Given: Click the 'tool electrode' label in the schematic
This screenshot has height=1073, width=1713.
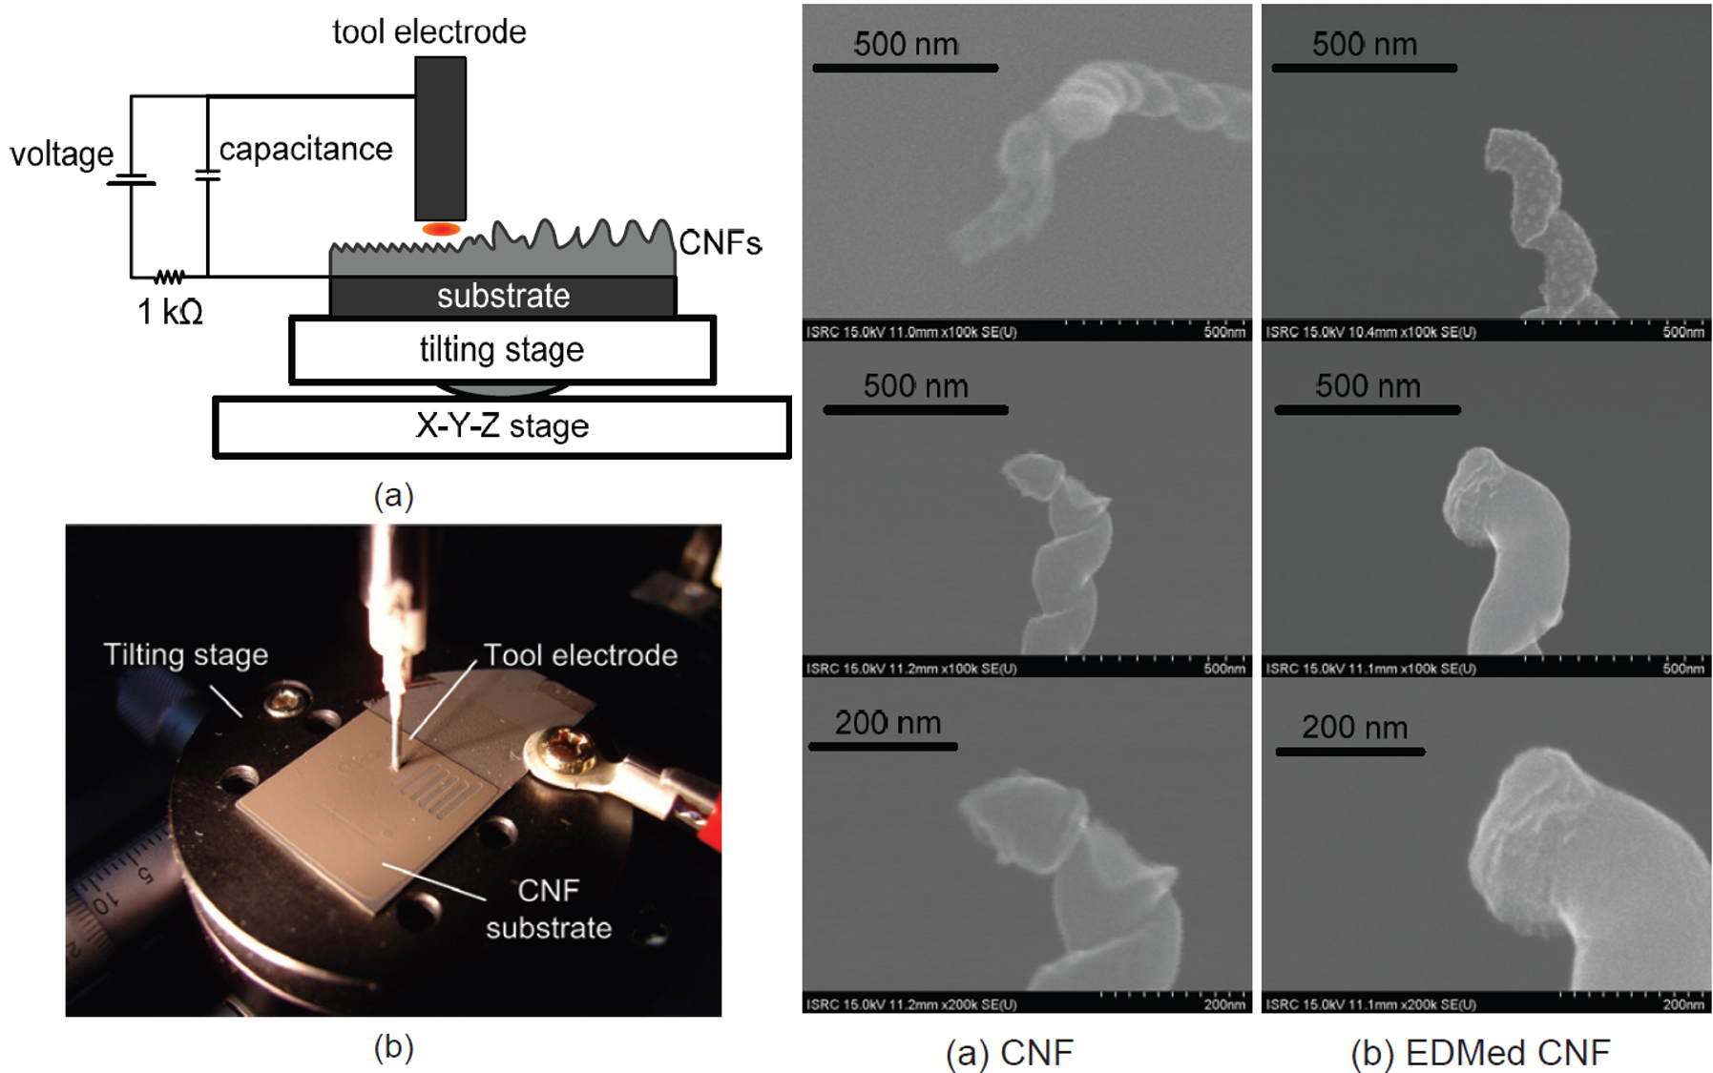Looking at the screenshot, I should click(428, 31).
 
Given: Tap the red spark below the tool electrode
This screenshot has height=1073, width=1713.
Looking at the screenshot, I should click(441, 229).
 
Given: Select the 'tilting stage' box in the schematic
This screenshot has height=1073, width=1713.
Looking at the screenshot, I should click(502, 350).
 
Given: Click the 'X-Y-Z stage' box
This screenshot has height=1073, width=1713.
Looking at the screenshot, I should click(502, 425).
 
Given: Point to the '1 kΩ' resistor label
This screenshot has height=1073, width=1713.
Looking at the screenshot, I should click(170, 312).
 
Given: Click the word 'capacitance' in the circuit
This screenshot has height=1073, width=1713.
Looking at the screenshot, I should click(305, 149).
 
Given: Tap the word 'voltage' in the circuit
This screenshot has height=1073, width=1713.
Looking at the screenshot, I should click(62, 154).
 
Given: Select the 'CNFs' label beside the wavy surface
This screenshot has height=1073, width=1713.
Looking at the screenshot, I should click(720, 243).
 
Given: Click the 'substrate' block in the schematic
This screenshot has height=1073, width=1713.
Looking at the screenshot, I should click(503, 296).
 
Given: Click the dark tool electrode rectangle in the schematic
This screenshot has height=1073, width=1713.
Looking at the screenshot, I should click(440, 138).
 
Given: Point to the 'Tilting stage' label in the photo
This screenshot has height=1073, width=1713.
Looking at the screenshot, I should click(186, 654).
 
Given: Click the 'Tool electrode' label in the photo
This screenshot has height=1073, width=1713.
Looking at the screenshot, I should click(580, 654).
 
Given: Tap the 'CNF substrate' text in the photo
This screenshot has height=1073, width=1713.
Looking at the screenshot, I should click(549, 909).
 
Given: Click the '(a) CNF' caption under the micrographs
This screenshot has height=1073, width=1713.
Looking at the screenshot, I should click(1009, 1053).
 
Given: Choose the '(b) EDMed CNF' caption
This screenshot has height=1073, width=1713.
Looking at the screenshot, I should click(1480, 1053).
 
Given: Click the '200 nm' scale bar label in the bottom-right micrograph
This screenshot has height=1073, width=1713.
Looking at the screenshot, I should click(1354, 728).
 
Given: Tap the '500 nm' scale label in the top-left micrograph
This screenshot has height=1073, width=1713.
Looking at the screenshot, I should click(906, 44).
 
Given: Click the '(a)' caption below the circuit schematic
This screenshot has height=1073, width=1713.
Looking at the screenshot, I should click(393, 495).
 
